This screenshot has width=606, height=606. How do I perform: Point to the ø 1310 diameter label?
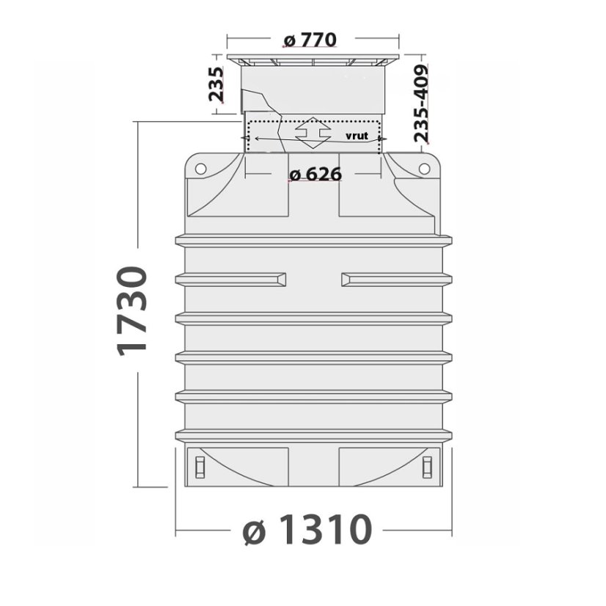(x=303, y=530)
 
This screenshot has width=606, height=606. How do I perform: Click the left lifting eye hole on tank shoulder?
(x=200, y=169)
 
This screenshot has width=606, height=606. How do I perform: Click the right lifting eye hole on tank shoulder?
(x=423, y=169)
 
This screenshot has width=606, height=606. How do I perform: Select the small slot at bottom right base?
(x=428, y=465)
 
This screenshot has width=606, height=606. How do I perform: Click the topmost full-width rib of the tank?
(x=313, y=240)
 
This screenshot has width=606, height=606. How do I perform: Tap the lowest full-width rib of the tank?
(x=313, y=436)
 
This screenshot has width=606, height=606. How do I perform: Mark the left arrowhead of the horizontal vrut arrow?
(x=249, y=138)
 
